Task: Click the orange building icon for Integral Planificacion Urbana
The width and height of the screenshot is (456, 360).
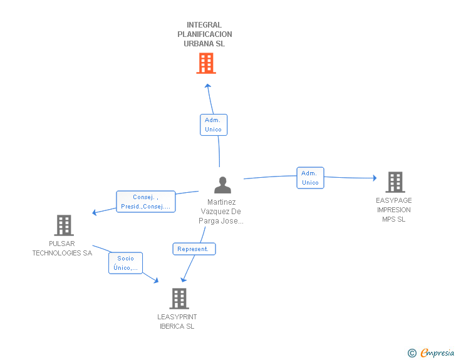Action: [x=205, y=63]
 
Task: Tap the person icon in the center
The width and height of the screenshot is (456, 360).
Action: [x=222, y=185]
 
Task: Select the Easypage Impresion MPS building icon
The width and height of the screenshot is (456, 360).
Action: [x=395, y=182]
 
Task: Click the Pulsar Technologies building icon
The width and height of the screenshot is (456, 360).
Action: [x=63, y=225]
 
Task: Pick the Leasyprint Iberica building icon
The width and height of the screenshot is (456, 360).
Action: [x=179, y=299]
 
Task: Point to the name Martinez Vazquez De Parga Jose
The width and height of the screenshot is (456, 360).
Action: [x=221, y=212]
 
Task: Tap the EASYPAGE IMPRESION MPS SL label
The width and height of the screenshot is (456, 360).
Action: [x=393, y=210]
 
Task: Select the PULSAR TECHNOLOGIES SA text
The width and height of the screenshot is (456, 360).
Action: [x=62, y=249]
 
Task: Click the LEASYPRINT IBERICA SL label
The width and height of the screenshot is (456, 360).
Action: [x=177, y=322]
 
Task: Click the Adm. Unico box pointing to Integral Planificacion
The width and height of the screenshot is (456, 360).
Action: [x=213, y=125]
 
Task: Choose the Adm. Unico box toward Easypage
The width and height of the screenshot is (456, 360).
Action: [x=310, y=178]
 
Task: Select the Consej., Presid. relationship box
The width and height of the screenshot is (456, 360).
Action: [x=145, y=202]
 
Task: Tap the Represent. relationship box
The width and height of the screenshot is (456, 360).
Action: [x=194, y=249]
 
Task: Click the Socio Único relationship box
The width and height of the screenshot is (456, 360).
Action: [x=125, y=263]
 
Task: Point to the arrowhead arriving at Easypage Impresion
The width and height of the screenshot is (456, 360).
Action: [x=374, y=178]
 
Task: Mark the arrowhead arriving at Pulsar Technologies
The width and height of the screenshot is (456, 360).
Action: [x=95, y=212]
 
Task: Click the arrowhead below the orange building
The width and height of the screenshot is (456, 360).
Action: [x=208, y=86]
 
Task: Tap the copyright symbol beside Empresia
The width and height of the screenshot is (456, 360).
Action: [x=412, y=353]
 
